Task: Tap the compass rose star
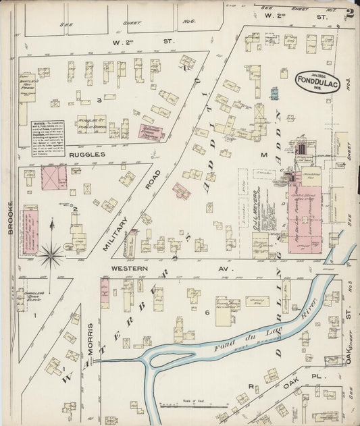pyautogui.click(x=51, y=255)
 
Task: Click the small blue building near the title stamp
pyautogui.click(x=274, y=94)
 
